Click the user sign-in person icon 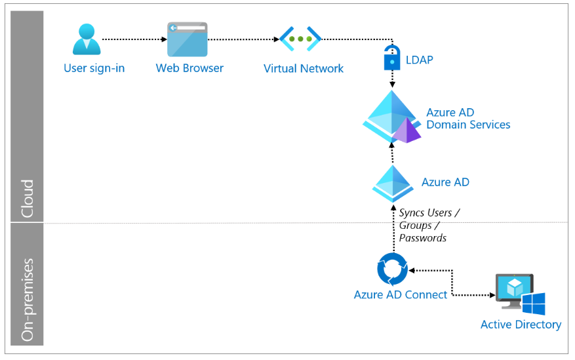(87, 39)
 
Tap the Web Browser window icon (188, 39)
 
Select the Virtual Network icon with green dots (300, 39)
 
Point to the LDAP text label (419, 60)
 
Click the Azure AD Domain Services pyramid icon (391, 117)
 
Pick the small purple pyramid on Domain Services (406, 130)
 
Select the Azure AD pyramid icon (393, 184)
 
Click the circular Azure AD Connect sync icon (392, 269)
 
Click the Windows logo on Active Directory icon (534, 304)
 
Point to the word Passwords (423, 238)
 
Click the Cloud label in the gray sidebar (27, 198)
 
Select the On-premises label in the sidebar (28, 300)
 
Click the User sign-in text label (94, 69)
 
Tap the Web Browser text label (189, 68)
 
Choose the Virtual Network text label (304, 69)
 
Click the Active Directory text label (521, 325)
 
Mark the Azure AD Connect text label (401, 294)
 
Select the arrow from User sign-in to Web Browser (134, 39)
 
